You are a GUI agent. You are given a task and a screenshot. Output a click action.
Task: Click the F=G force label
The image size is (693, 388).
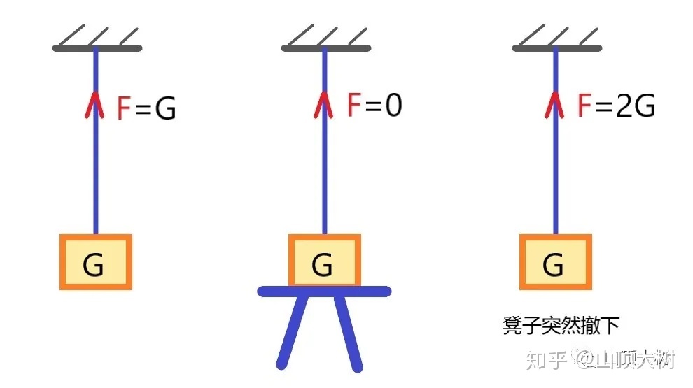[146, 108]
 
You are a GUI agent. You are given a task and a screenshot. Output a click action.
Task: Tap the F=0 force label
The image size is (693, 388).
[374, 106]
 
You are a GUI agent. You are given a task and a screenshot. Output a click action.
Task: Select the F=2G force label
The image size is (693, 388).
[616, 106]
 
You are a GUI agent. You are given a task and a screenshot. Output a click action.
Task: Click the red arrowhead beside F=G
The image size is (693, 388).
[96, 106]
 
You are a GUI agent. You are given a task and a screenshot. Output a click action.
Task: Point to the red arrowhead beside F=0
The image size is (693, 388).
[324, 103]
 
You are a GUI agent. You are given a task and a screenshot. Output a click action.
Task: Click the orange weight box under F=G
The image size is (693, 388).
[95, 262]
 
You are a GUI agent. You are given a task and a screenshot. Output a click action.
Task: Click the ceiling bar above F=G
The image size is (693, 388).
[97, 48]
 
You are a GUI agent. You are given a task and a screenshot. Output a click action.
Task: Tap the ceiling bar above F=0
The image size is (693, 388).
[325, 48]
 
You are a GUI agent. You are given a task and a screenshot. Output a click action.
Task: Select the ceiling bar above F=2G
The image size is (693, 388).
[556, 48]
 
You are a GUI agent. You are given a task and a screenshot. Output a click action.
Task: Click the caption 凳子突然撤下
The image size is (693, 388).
[561, 325]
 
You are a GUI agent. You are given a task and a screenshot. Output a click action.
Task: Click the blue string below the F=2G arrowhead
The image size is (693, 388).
[556, 175]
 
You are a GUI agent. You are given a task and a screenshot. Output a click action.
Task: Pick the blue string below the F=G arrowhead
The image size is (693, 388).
[96, 175]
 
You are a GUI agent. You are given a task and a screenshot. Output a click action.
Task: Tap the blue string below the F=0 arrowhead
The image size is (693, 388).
[324, 175]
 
